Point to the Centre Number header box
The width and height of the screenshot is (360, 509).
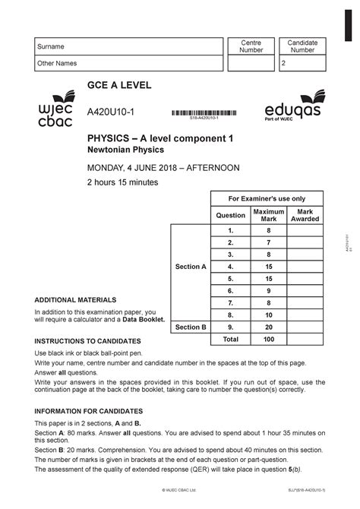(251, 46)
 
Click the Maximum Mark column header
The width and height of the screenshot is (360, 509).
(269, 215)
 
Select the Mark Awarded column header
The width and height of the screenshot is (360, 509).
(305, 215)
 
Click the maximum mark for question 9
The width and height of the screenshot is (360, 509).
(269, 327)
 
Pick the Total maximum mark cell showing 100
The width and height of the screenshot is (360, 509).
(269, 340)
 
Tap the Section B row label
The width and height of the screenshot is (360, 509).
(191, 327)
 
